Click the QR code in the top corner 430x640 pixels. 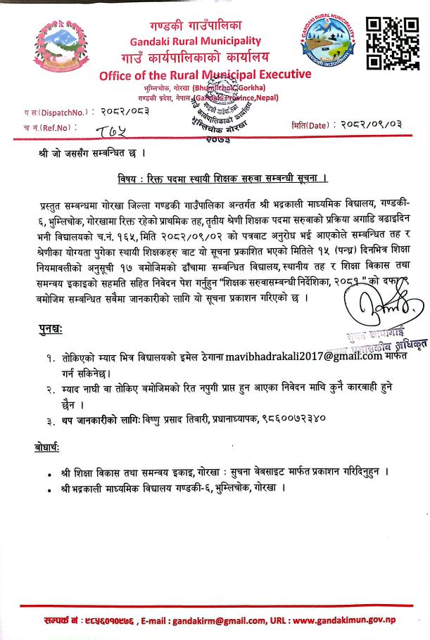point(397,43)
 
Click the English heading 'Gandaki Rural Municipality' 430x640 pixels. point(195,41)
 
